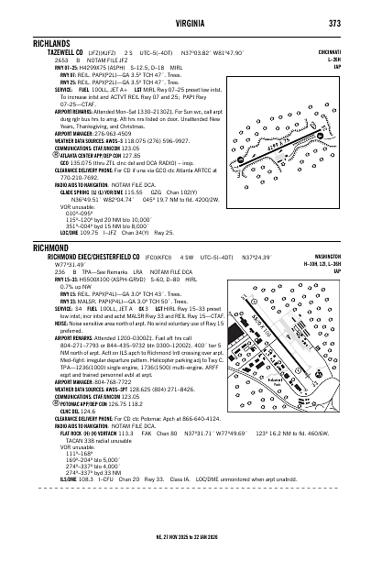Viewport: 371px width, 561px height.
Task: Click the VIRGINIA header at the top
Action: (x=186, y=23)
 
